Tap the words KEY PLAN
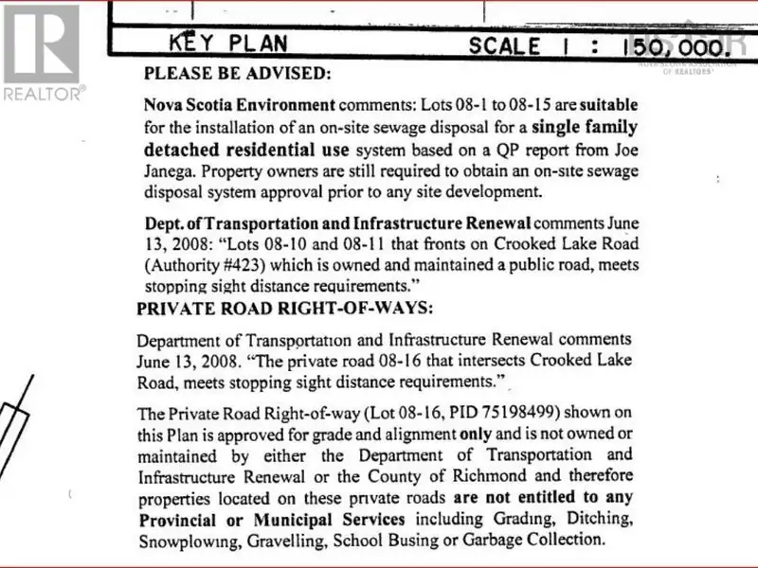(x=226, y=43)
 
